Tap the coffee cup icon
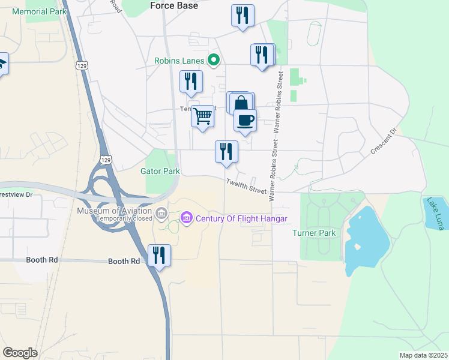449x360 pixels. [x=245, y=120]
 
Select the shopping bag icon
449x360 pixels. [x=241, y=103]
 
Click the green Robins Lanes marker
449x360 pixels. [x=212, y=60]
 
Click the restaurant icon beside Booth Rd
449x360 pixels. [x=159, y=255]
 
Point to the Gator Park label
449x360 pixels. [x=160, y=172]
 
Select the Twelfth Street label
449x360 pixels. [x=246, y=187]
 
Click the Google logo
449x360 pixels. [x=20, y=352]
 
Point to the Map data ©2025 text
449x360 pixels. [x=424, y=355]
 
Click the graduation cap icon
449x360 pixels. [x=2, y=63]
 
